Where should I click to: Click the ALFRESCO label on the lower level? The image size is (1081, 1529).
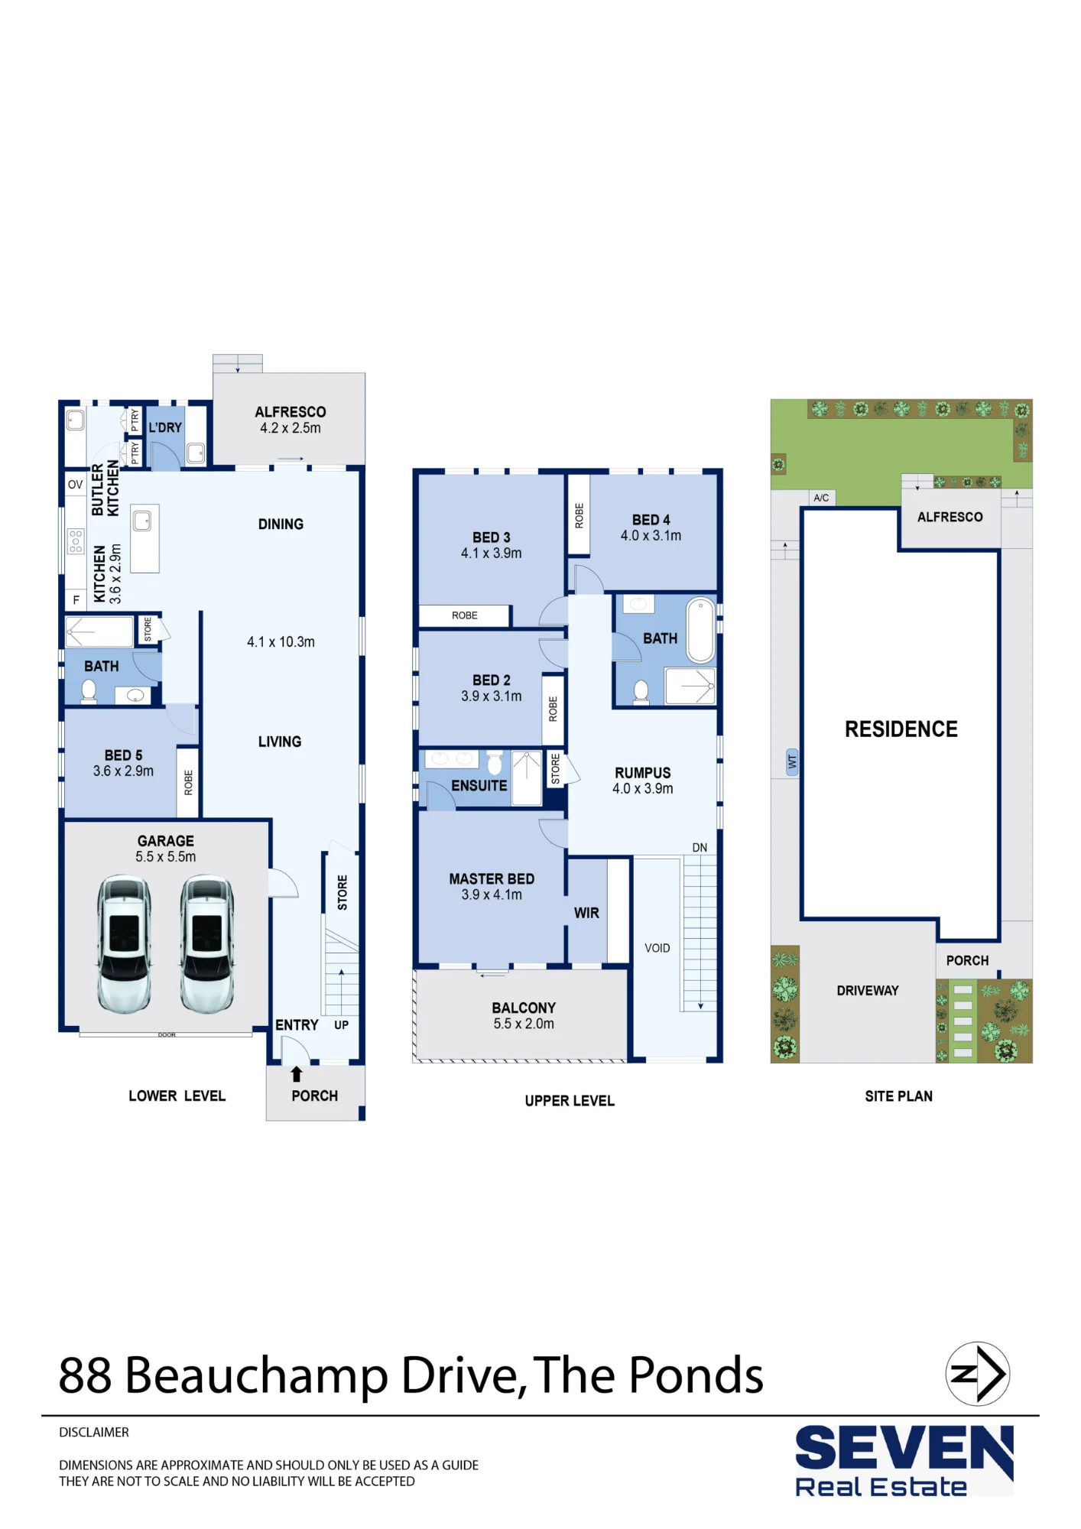pos(291,412)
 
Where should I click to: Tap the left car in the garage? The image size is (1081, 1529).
pos(124,945)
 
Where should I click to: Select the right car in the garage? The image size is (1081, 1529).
pos(207,945)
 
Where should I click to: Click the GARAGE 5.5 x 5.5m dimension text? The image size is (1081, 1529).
pos(166,857)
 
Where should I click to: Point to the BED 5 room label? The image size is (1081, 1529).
pos(123,755)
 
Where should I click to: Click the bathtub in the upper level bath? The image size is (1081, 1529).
pos(701,630)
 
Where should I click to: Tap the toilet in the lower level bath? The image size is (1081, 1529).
pos(89,691)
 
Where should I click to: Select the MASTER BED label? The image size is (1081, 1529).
pos(492,879)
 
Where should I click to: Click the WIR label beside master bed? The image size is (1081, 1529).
pos(586,913)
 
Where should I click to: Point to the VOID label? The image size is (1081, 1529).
pos(657,948)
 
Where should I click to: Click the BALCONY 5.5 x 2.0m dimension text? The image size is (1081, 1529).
pos(524,1024)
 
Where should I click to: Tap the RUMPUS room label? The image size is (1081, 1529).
pos(643,773)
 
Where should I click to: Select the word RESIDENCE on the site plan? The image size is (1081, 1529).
pos(901,729)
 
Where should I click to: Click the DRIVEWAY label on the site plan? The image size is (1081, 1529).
pos(868,991)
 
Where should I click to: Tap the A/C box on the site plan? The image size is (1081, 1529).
pos(822,498)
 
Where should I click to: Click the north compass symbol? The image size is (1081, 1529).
pos(978,1374)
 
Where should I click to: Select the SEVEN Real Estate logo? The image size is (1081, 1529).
pos(904,1460)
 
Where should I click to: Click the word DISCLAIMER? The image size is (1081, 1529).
pos(94,1432)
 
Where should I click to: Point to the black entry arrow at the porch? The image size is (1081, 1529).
pos(297,1074)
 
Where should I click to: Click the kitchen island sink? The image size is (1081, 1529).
pos(143,521)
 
